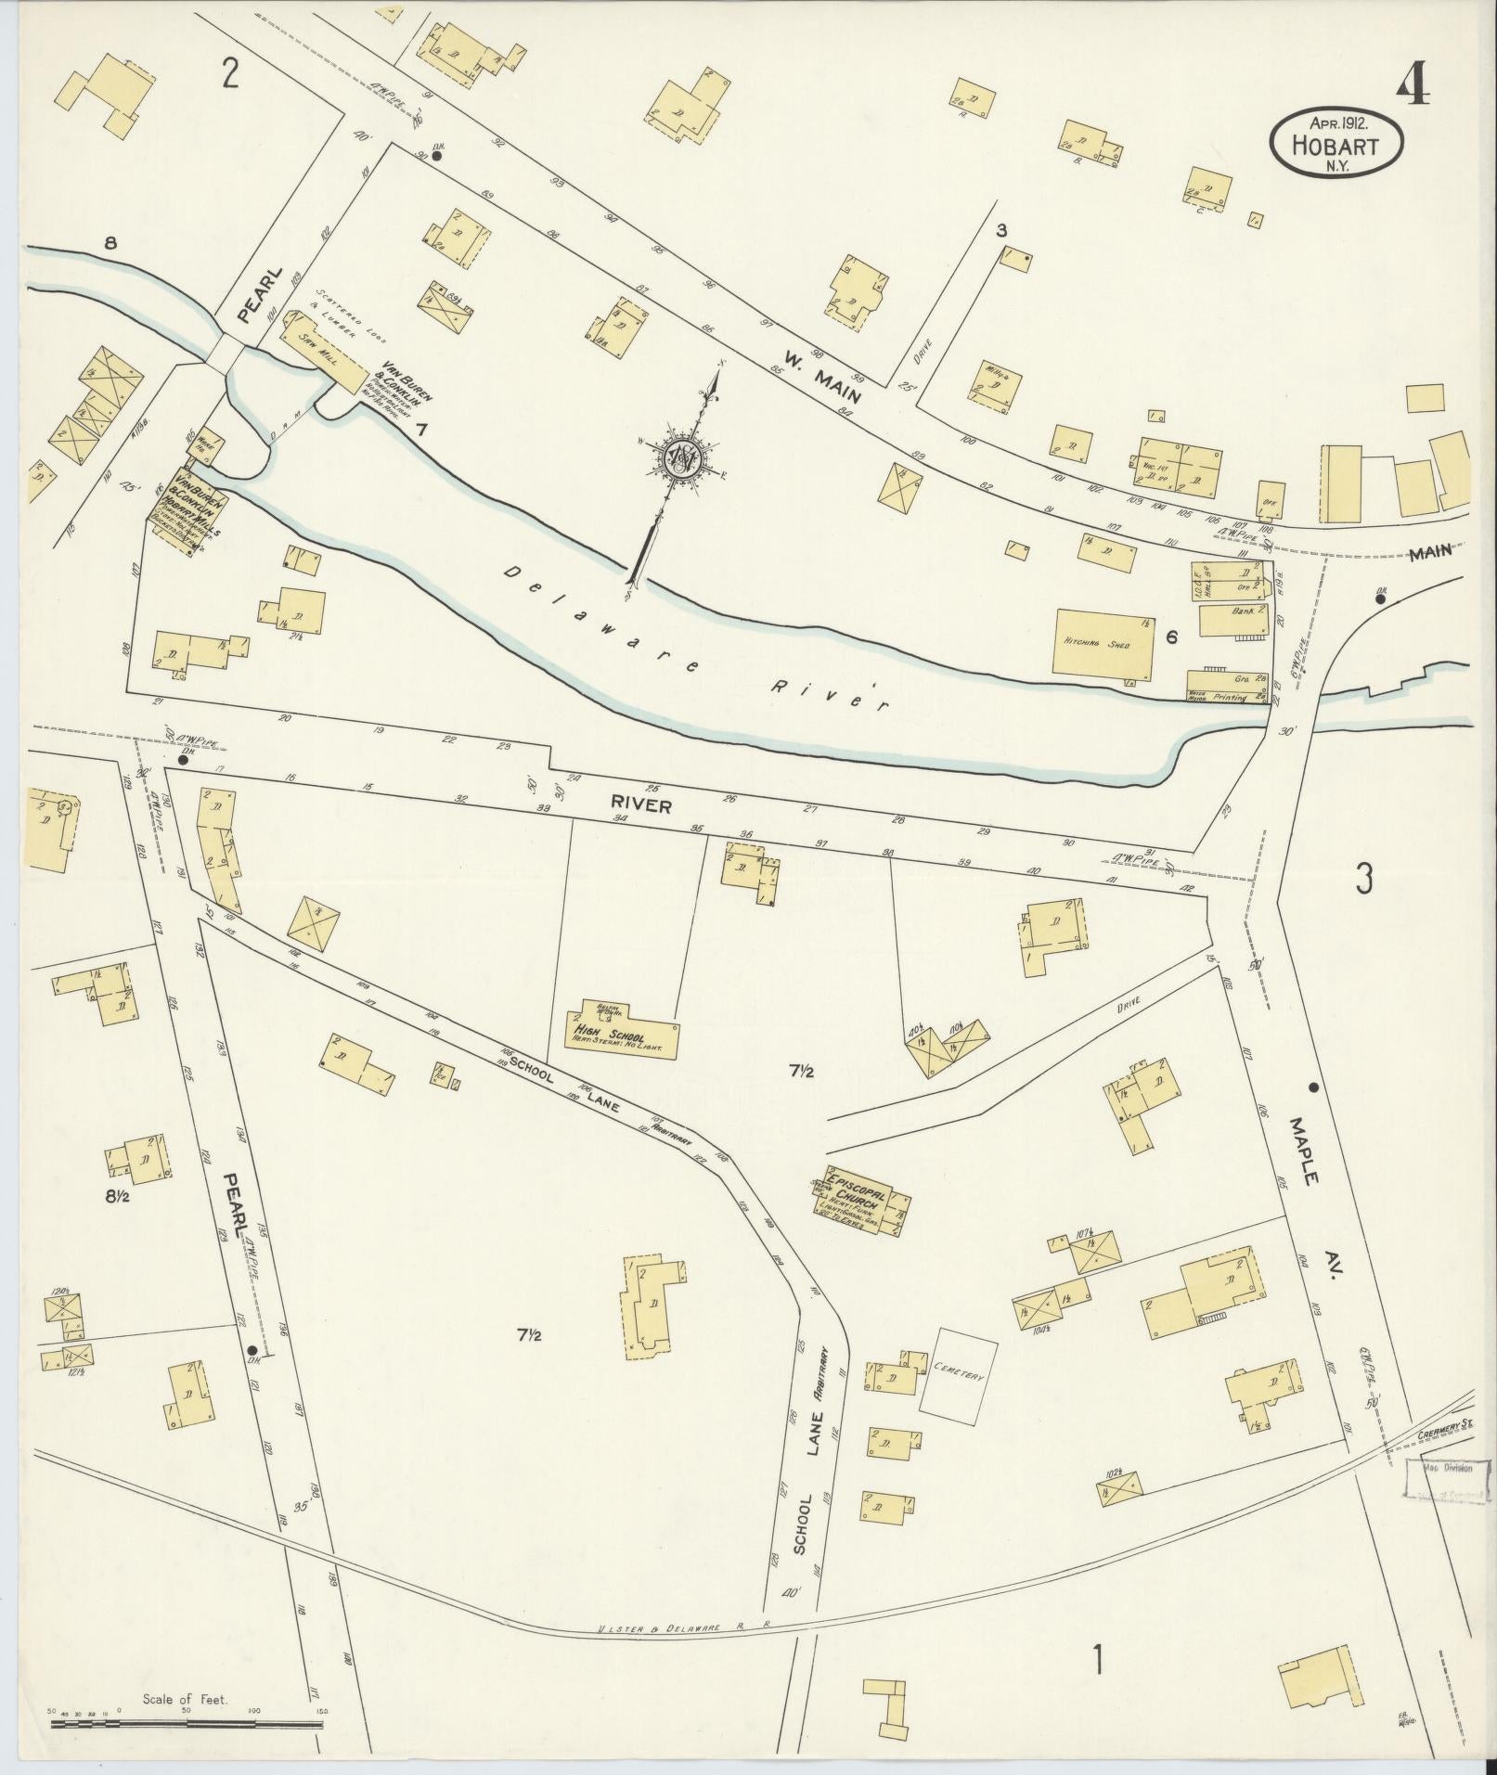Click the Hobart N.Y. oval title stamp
point(1336,140)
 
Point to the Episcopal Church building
point(864,1203)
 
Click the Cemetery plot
point(958,1376)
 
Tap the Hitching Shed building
point(1104,642)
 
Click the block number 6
point(1171,637)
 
